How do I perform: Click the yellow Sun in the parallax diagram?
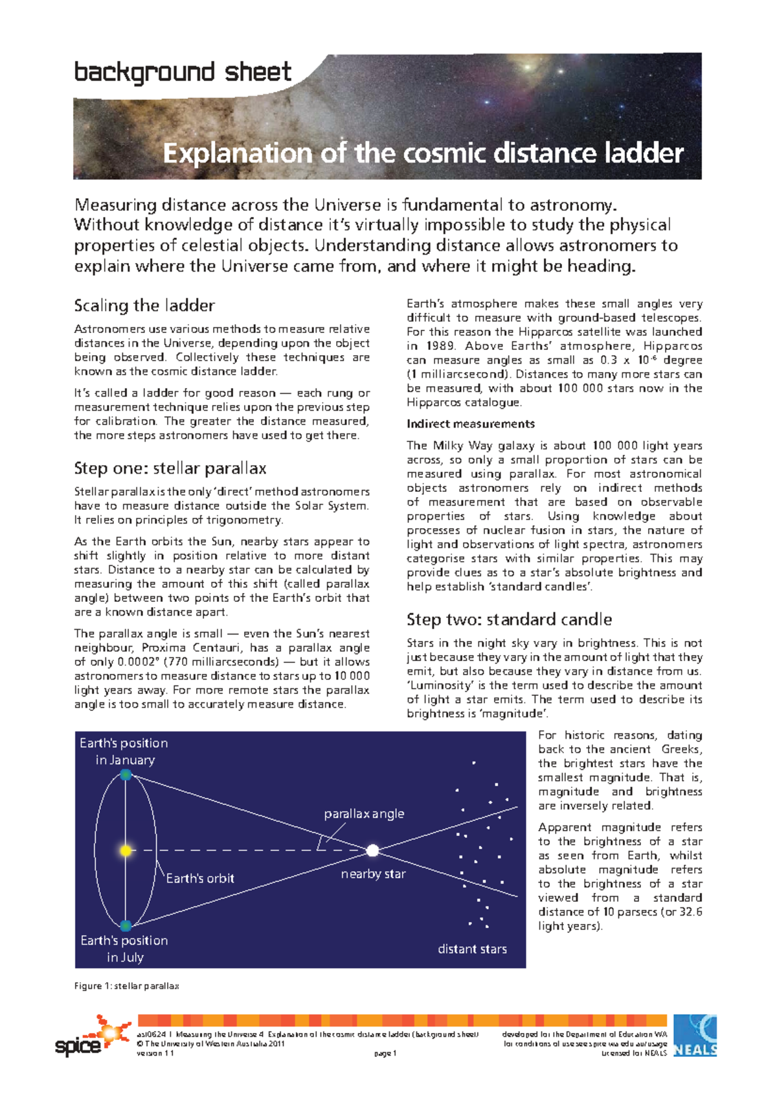pos(126,850)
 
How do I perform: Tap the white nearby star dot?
pos(372,850)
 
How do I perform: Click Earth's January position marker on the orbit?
pos(126,775)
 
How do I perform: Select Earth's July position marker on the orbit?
pos(126,925)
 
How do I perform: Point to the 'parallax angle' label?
pos(364,814)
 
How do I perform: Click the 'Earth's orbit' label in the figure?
pos(200,879)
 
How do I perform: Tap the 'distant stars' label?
pos(472,949)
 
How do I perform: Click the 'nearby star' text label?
pos(373,874)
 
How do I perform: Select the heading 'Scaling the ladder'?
pos(144,305)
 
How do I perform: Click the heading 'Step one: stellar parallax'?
pos(170,468)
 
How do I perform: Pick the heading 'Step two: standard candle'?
pos(509,619)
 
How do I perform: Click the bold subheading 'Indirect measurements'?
pos(471,424)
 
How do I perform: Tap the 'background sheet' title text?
pos(183,72)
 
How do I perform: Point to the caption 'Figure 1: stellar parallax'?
pos(126,986)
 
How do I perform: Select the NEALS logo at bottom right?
pos(695,1035)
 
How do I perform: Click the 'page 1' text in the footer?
pos(385,1054)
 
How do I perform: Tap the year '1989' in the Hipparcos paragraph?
pos(440,346)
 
